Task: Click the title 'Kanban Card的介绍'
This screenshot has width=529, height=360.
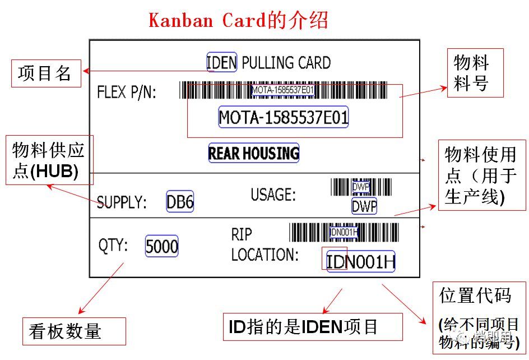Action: click(238, 20)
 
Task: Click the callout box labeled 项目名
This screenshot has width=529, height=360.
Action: click(46, 73)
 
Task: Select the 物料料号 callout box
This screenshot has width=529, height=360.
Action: click(475, 73)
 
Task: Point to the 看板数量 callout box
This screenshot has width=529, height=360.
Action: click(73, 331)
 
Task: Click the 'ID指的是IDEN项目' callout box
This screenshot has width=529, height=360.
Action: click(313, 326)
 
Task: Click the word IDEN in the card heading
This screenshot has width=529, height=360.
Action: click(222, 62)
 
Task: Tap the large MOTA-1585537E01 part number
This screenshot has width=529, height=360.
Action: click(284, 117)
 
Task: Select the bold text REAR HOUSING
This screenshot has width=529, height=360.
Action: click(254, 153)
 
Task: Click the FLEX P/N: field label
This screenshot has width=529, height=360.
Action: click(127, 92)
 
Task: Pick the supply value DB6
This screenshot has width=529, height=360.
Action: click(180, 202)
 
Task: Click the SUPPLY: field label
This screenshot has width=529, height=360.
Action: click(122, 202)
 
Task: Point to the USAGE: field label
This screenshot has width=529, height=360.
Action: click(273, 195)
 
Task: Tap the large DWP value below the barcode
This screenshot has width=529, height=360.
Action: click(364, 206)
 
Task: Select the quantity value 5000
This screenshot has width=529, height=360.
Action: click(162, 246)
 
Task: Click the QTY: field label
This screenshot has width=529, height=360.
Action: click(114, 246)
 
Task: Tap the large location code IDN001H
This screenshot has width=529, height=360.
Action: click(361, 261)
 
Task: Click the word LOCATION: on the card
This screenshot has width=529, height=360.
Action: click(265, 255)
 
